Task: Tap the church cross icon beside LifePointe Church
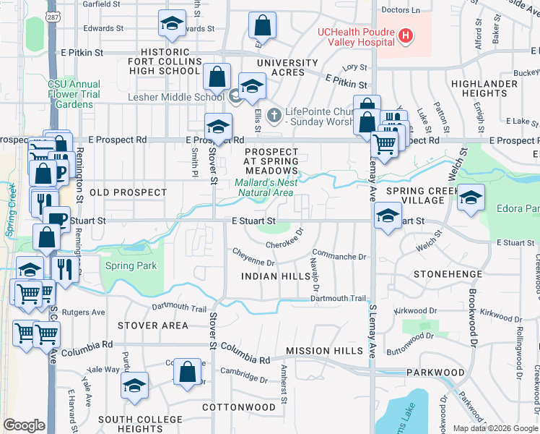pyautogui.click(x=274, y=114)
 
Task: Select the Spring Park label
pyautogui.click(x=131, y=265)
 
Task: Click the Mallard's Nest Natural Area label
pyautogui.click(x=265, y=187)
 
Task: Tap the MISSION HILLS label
pyautogui.click(x=324, y=350)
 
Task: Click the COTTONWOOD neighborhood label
pyautogui.click(x=239, y=407)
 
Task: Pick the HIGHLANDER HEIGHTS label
pyautogui.click(x=484, y=89)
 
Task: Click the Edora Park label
pyautogui.click(x=518, y=209)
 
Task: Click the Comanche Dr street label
pyautogui.click(x=341, y=256)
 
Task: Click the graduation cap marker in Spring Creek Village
pyautogui.click(x=471, y=198)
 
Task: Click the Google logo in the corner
pyautogui.click(x=24, y=425)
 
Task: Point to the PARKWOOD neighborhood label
pyautogui.click(x=435, y=373)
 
